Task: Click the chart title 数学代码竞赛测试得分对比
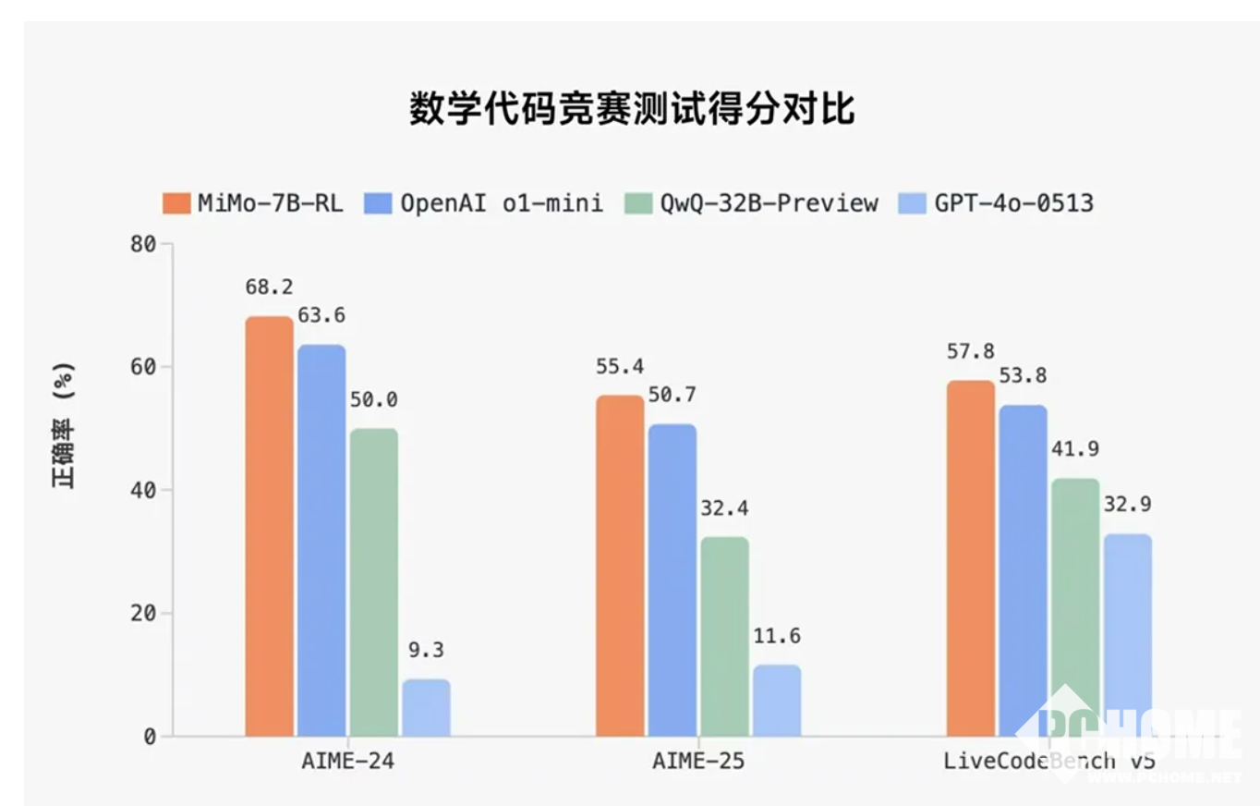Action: pyautogui.click(x=632, y=109)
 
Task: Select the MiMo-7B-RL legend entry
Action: pyautogui.click(x=252, y=203)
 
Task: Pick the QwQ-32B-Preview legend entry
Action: pyautogui.click(x=750, y=203)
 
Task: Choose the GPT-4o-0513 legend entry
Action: pyautogui.click(x=996, y=203)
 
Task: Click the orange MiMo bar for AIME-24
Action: pyautogui.click(x=269, y=527)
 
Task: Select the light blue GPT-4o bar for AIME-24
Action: pyautogui.click(x=426, y=708)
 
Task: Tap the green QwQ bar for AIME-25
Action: pyautogui.click(x=724, y=637)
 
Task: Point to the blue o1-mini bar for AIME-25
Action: pyautogui.click(x=672, y=580)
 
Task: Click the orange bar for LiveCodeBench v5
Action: pyautogui.click(x=971, y=558)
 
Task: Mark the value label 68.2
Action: pyautogui.click(x=269, y=287)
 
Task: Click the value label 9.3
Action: pyautogui.click(x=426, y=650)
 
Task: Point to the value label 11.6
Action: pyautogui.click(x=777, y=636)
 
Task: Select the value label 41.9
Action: pyautogui.click(x=1075, y=449)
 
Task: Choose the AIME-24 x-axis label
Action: pyautogui.click(x=347, y=762)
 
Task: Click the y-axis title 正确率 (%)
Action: pyautogui.click(x=63, y=425)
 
